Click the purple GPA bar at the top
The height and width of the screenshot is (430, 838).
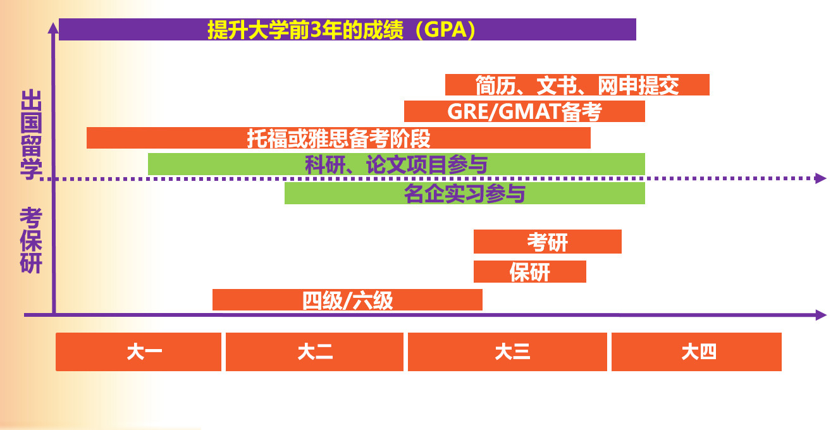(x=347, y=30)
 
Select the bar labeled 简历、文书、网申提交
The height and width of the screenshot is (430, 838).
(x=577, y=85)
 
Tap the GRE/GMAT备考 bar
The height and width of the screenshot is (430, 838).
(x=524, y=111)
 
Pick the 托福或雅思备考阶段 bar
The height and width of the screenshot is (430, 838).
(x=338, y=138)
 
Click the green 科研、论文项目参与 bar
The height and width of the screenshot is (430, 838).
(x=396, y=164)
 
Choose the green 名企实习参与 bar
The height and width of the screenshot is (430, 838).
(x=464, y=193)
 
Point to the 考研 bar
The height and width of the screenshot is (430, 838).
(x=547, y=242)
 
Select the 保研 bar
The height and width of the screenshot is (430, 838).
(x=529, y=272)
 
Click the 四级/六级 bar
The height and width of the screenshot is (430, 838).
(x=347, y=300)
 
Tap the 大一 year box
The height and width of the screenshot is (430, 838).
(x=139, y=352)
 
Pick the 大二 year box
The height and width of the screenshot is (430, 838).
(x=314, y=352)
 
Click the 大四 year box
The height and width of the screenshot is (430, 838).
(x=696, y=352)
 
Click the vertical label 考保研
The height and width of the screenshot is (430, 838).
(x=30, y=241)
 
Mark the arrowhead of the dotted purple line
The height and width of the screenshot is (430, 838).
(x=821, y=178)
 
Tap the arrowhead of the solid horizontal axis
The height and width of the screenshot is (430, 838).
(x=821, y=315)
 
